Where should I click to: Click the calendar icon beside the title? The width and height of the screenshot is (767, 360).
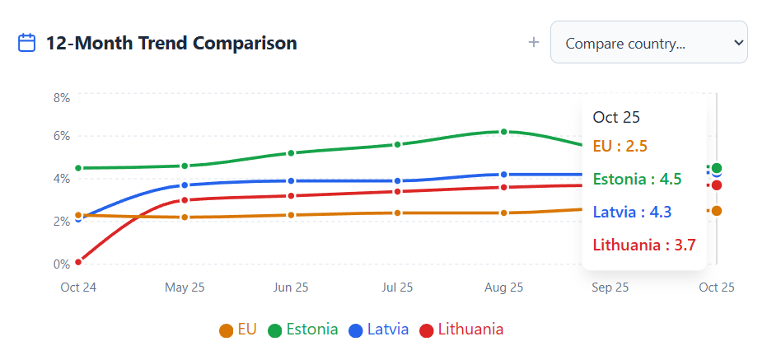pyautogui.click(x=27, y=43)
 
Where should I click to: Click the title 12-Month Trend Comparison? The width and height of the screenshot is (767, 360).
pyautogui.click(x=171, y=43)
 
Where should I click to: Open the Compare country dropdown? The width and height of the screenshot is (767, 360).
pyautogui.click(x=648, y=43)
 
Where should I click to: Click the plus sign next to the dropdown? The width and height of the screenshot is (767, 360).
pyautogui.click(x=534, y=43)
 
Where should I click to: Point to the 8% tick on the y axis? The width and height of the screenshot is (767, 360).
pyautogui.click(x=61, y=97)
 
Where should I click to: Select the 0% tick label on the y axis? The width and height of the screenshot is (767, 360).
pyautogui.click(x=61, y=264)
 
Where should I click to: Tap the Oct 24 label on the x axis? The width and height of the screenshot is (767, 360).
pyautogui.click(x=78, y=288)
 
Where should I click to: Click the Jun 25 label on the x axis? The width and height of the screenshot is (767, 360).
pyautogui.click(x=291, y=288)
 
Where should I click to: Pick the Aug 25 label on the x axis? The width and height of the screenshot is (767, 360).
pyautogui.click(x=504, y=288)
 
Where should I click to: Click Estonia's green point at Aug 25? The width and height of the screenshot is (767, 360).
pyautogui.click(x=504, y=132)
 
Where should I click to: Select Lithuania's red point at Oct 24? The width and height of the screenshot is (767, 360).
pyautogui.click(x=78, y=262)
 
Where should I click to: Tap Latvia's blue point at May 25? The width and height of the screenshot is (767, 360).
pyautogui.click(x=185, y=185)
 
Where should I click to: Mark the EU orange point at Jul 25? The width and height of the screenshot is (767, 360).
pyautogui.click(x=398, y=213)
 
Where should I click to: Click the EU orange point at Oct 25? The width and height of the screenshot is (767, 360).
pyautogui.click(x=717, y=211)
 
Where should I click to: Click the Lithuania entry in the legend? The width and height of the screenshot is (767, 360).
pyautogui.click(x=461, y=330)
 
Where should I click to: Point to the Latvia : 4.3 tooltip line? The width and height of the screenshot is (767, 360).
pyautogui.click(x=636, y=212)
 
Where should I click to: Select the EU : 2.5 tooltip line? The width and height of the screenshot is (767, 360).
pyautogui.click(x=620, y=147)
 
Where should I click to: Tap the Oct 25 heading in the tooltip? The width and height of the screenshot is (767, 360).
pyautogui.click(x=616, y=118)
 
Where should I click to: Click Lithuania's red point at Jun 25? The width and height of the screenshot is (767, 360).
pyautogui.click(x=291, y=196)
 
